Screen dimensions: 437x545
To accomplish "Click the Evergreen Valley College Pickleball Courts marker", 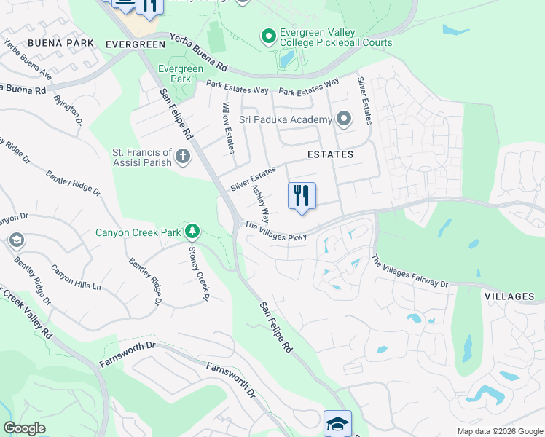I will (268, 35).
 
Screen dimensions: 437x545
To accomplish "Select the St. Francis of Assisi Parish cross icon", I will (182, 155).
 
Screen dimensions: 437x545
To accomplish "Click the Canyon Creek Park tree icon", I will (192, 232).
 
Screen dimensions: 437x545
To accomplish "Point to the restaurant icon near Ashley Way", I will (302, 197).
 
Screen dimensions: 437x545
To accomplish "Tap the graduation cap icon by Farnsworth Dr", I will (337, 423).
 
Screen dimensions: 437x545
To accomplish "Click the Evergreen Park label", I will (176, 74).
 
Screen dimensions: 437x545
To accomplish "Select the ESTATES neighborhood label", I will (330, 154).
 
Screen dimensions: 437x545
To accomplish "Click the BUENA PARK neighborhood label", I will (61, 44).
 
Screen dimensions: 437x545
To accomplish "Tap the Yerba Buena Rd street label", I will (198, 52).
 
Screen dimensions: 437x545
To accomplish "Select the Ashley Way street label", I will (260, 203).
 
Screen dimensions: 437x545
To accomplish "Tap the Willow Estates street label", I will (227, 128).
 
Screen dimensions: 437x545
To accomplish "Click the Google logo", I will (24, 428).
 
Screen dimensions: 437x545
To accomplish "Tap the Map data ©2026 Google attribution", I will (499, 431).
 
